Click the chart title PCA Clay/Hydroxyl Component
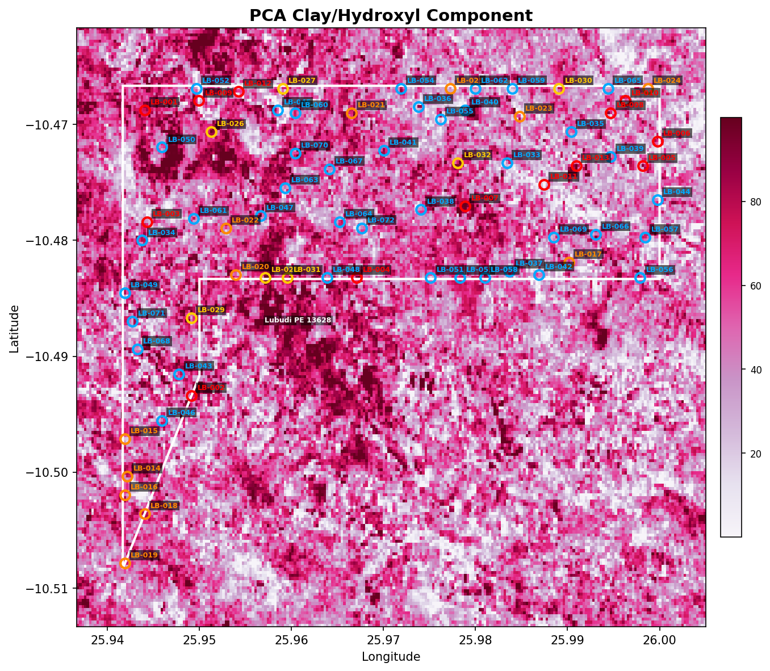(391, 15)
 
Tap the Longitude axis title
(391, 657)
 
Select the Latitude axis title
(15, 328)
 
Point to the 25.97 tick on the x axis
(383, 640)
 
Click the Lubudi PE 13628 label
(298, 320)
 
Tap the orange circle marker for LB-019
(125, 563)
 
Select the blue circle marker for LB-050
(162, 147)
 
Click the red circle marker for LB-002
(191, 396)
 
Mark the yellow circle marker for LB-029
(191, 318)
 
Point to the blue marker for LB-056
(640, 278)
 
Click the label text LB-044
(676, 192)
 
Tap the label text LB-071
(151, 313)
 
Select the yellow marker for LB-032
(458, 163)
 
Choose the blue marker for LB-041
(384, 150)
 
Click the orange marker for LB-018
(145, 514)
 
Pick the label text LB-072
(380, 220)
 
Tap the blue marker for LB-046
(162, 421)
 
